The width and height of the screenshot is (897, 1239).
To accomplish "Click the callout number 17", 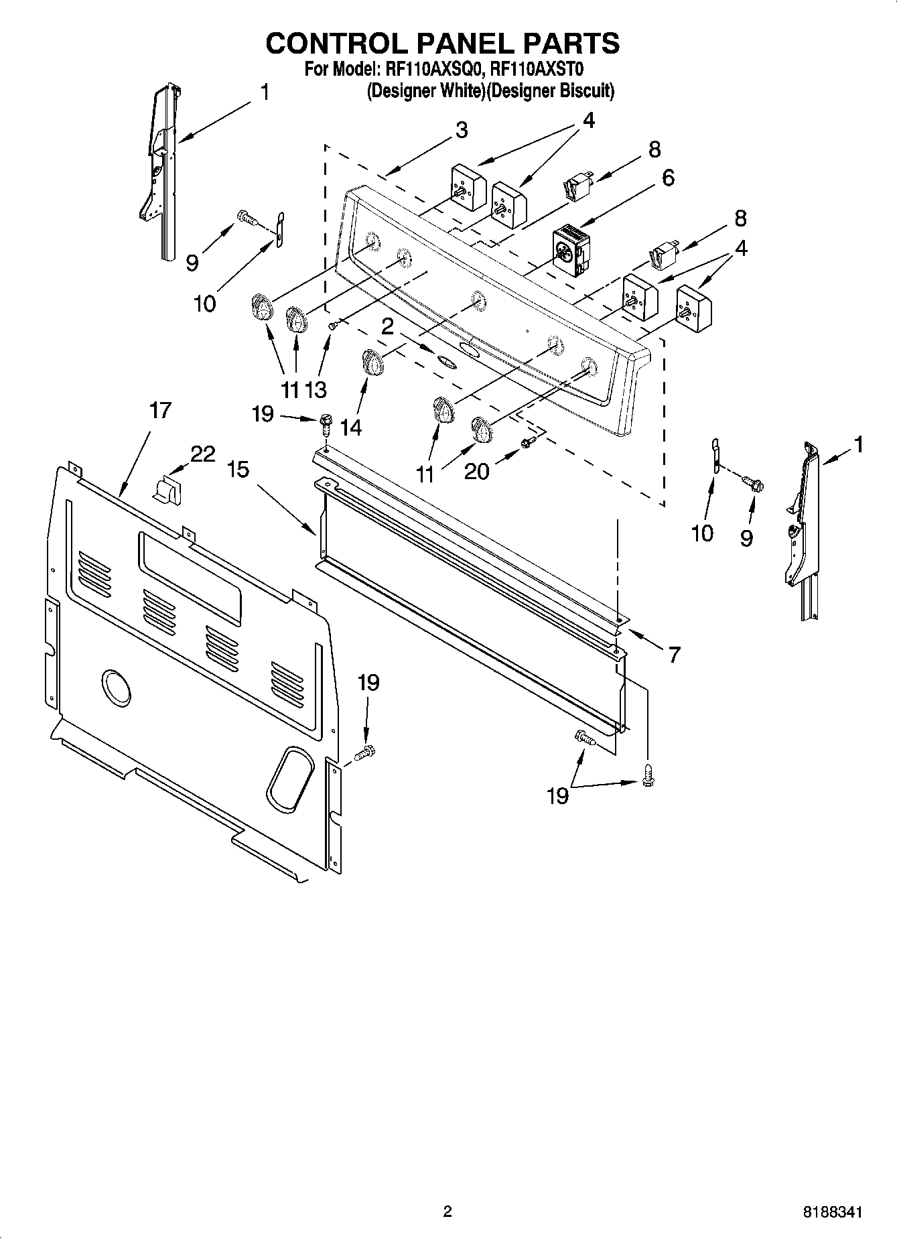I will tap(160, 410).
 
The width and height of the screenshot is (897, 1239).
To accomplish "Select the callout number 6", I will tap(667, 178).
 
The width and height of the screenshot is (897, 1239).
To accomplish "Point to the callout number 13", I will tap(316, 389).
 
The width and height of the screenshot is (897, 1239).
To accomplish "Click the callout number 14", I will tap(350, 427).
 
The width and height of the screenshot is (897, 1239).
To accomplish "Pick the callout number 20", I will tap(476, 471).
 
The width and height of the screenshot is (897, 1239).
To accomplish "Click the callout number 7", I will tap(673, 653).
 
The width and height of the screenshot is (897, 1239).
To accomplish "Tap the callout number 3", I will tap(461, 130).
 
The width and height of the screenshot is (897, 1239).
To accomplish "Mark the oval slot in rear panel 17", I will tap(290, 776).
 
